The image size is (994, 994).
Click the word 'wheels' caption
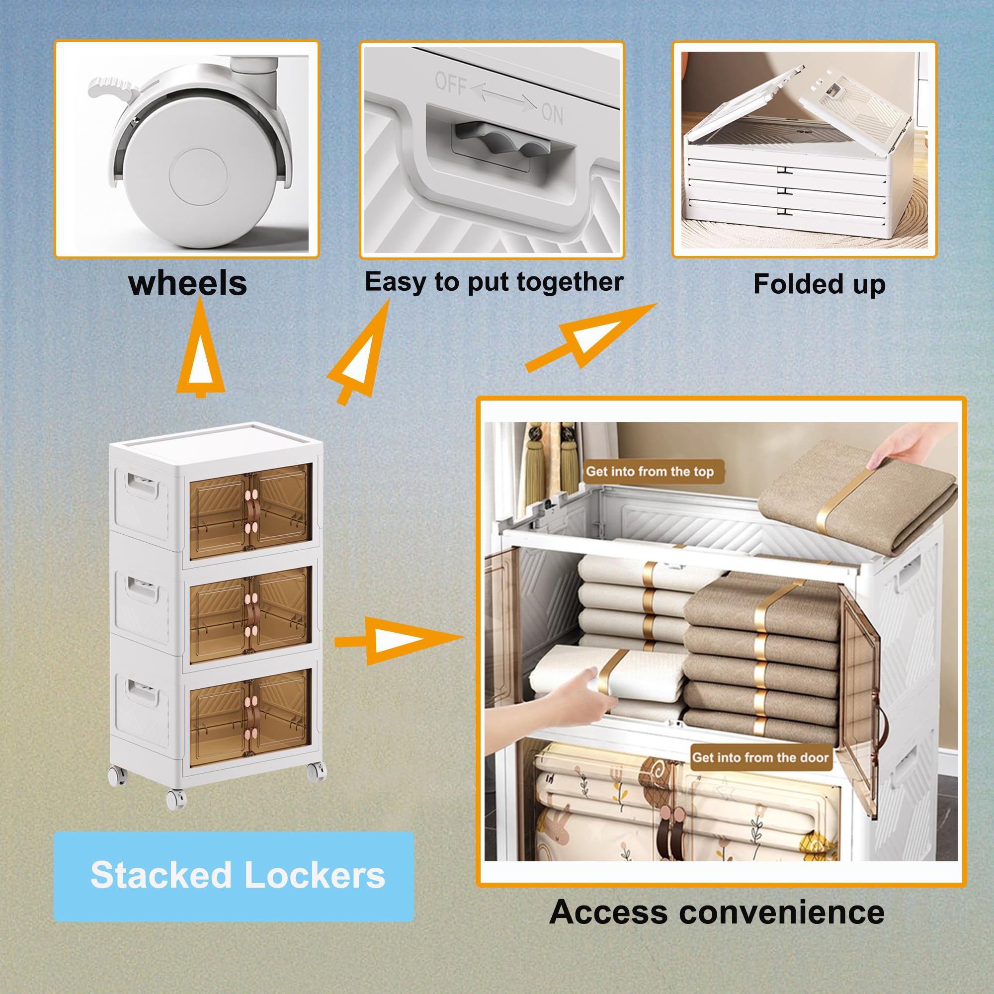188,283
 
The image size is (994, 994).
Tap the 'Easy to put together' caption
494,282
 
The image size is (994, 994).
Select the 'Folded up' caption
819,284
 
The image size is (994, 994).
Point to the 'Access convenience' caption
717,912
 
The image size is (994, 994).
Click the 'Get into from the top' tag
652,472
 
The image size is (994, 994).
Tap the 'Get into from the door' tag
761,757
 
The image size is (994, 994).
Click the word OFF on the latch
451,83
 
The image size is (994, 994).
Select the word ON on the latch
553,113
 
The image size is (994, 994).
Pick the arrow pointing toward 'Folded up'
591,336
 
